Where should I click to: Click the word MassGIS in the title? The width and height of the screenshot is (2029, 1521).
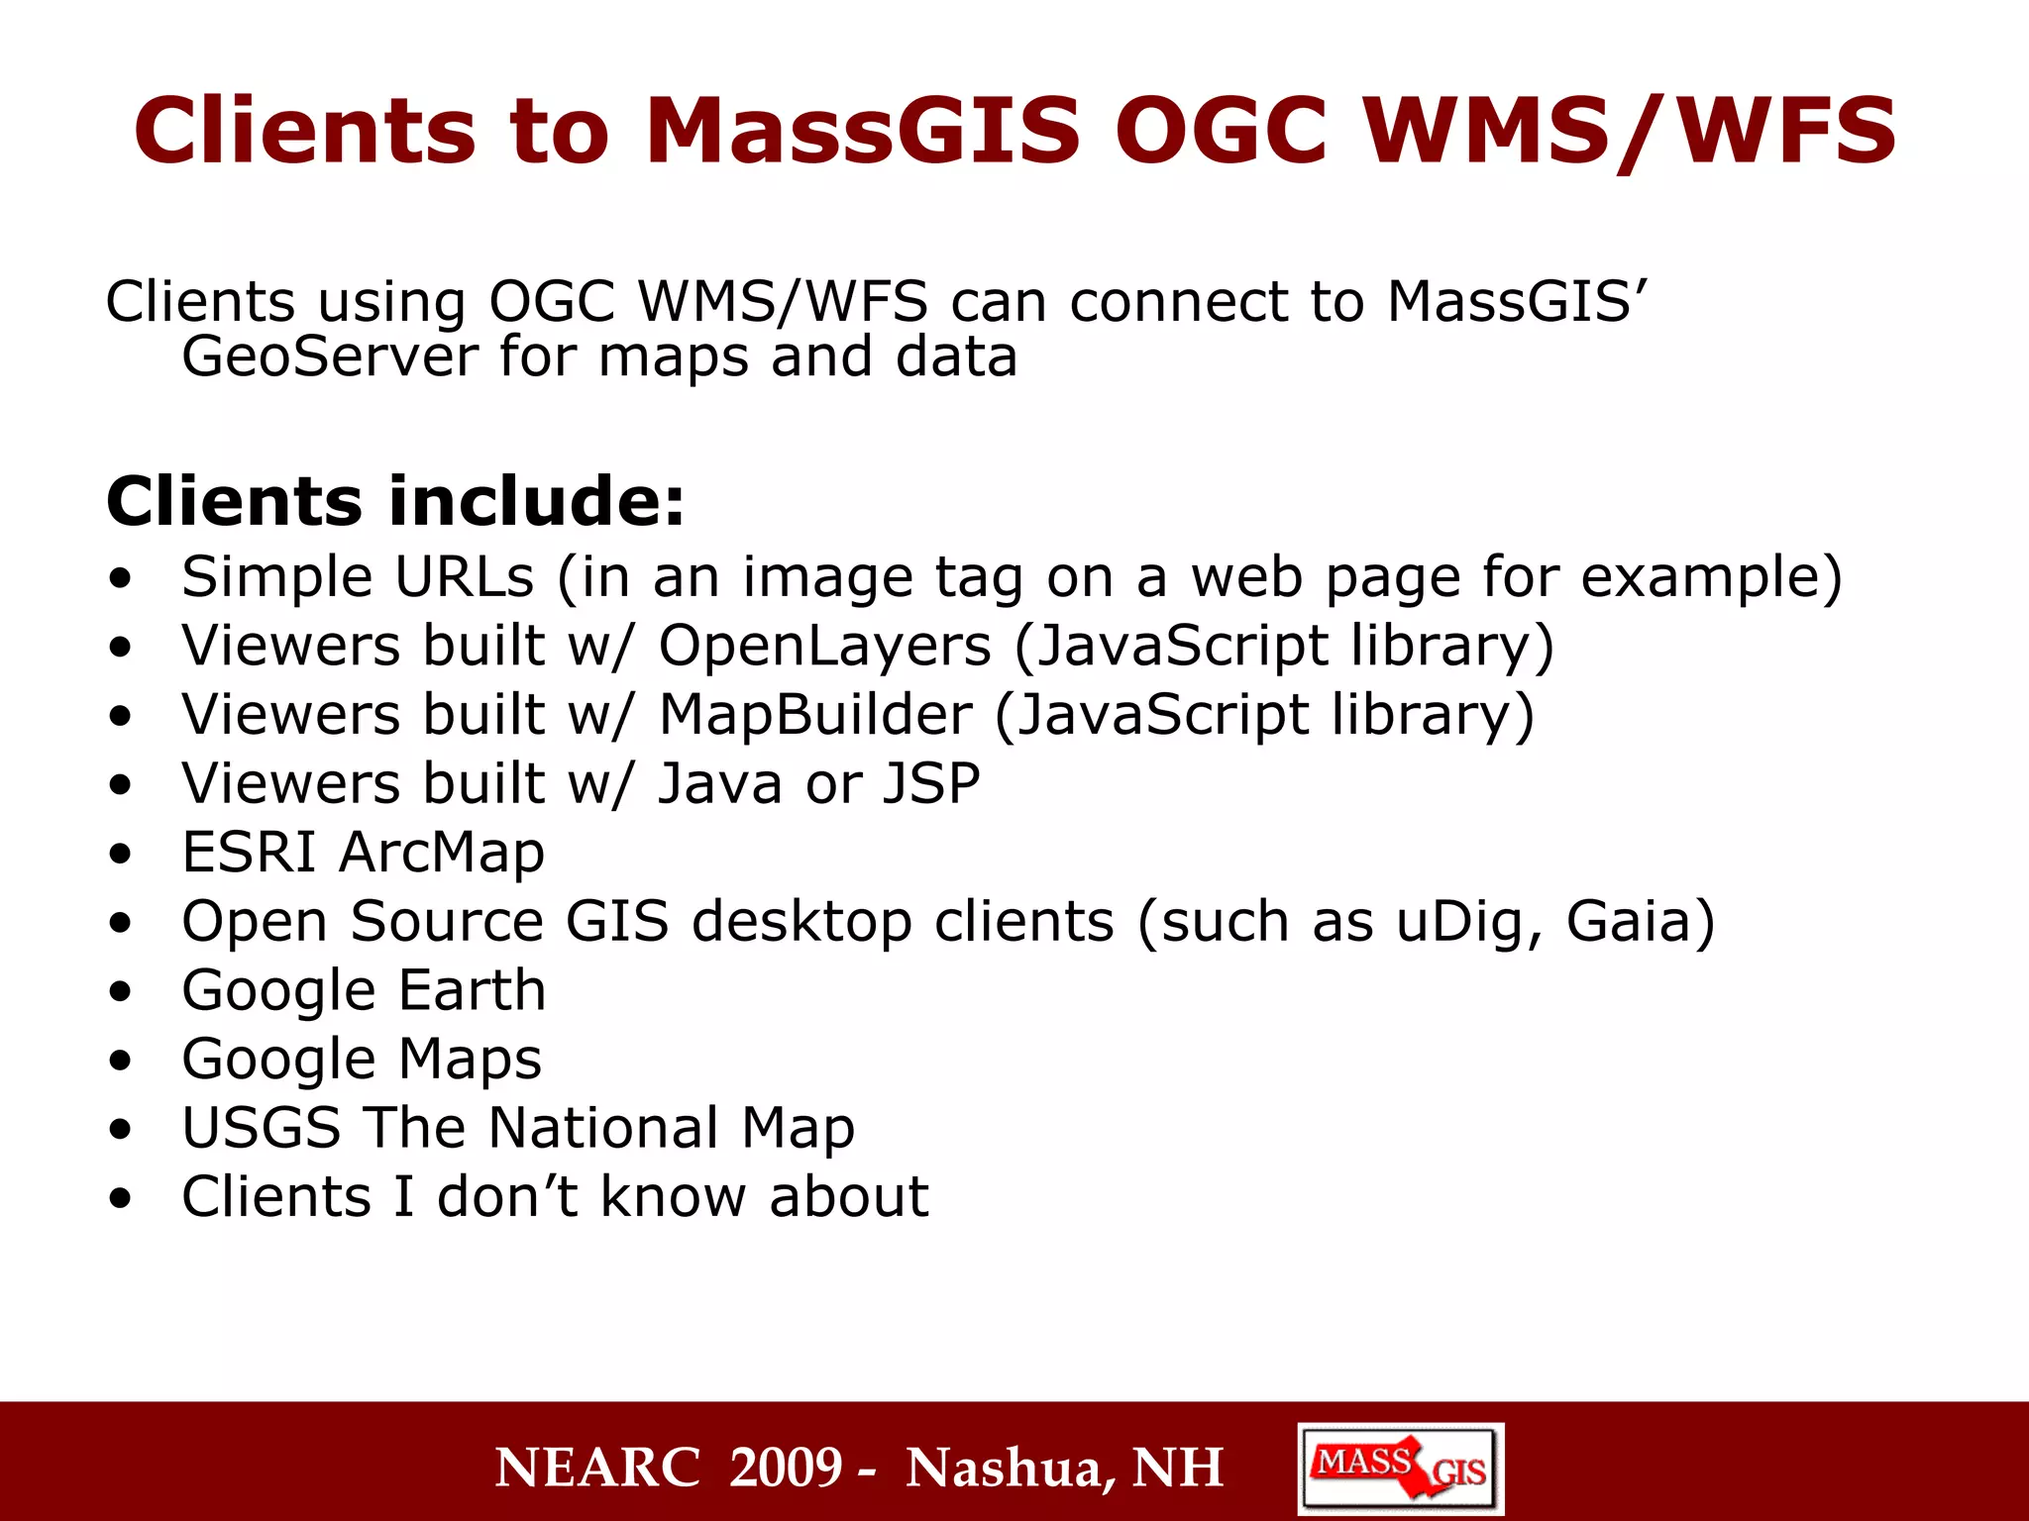click(862, 131)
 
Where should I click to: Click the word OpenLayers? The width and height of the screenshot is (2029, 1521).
click(825, 646)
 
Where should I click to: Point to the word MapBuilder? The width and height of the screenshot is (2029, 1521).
click(815, 715)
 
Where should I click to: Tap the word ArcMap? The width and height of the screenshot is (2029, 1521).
click(442, 853)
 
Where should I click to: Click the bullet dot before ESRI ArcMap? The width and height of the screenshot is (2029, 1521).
click(121, 854)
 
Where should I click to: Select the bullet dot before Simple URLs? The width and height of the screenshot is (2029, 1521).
click(121, 578)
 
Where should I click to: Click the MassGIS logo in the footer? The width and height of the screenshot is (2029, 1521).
click(1400, 1468)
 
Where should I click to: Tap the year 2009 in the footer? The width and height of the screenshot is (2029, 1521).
click(786, 1468)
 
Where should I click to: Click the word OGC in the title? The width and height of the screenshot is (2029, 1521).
click(1220, 131)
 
